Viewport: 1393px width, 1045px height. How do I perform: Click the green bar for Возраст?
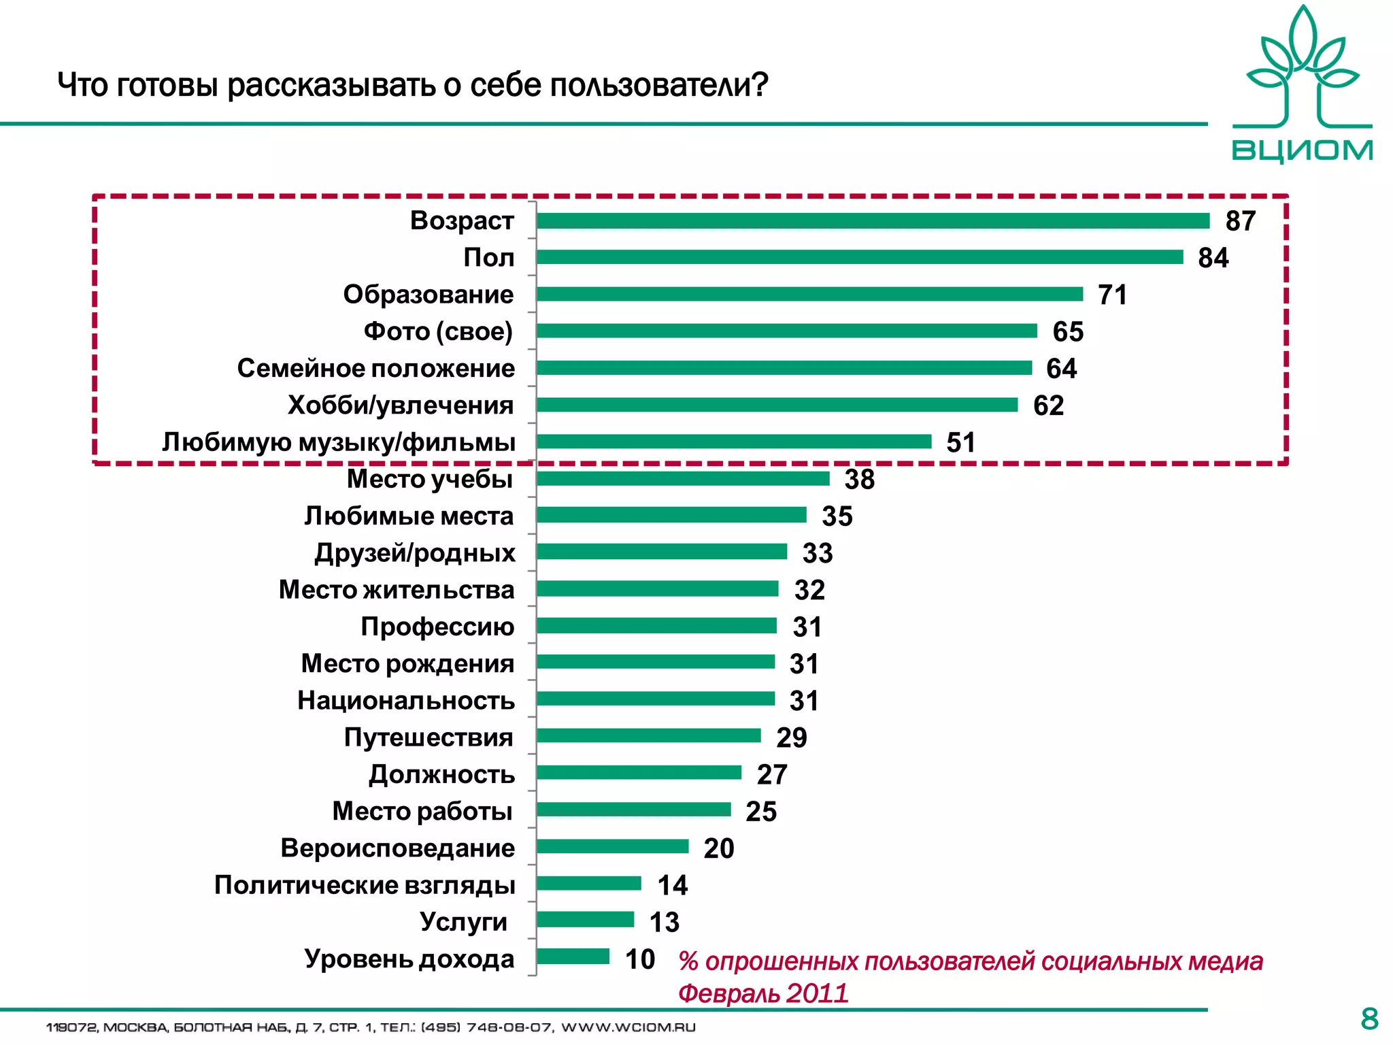coord(873,221)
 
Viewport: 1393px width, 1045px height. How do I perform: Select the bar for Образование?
coord(809,295)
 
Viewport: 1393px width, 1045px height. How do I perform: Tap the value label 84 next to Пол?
coord(1213,259)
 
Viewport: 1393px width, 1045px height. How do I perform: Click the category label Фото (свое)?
coord(438,331)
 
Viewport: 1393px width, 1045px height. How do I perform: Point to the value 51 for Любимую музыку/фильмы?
coord(960,443)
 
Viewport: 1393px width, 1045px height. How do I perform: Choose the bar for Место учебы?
coord(683,479)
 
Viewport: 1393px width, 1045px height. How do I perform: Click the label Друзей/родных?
coord(414,553)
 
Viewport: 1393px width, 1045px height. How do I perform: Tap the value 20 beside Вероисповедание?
coord(718,848)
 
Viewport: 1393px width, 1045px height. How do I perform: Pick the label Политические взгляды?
coord(365,885)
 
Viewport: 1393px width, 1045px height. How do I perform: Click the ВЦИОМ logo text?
coord(1302,150)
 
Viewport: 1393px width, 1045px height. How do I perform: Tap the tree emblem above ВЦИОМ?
coord(1302,68)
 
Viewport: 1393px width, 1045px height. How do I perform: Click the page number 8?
coord(1369,1019)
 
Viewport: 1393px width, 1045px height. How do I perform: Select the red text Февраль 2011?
coord(762,993)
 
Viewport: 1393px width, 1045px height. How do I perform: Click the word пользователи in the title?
coord(658,86)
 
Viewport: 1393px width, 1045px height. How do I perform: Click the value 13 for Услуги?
coord(664,923)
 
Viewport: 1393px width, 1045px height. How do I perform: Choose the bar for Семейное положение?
coord(784,368)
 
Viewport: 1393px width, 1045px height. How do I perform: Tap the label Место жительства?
coord(397,590)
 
